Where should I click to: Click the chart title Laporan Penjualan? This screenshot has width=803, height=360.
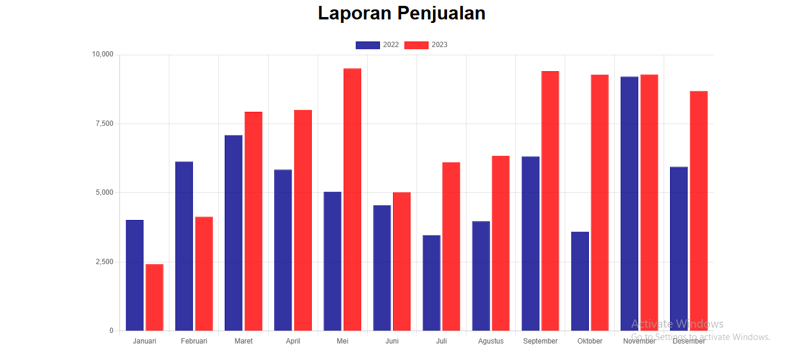click(x=401, y=13)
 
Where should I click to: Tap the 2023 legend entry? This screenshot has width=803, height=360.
click(x=427, y=45)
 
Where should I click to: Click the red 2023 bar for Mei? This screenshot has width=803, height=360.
click(x=352, y=200)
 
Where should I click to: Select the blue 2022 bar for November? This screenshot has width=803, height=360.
click(x=629, y=204)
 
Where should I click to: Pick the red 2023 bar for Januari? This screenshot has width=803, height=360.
click(x=154, y=297)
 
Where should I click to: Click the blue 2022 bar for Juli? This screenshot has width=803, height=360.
click(x=431, y=283)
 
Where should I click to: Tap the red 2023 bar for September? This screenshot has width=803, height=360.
click(x=550, y=201)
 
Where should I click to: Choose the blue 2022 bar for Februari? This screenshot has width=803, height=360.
click(x=184, y=246)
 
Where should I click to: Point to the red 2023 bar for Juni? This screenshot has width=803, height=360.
click(x=402, y=261)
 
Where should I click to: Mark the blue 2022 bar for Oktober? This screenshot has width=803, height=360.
click(x=579, y=281)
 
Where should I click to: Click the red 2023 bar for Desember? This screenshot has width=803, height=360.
click(x=699, y=211)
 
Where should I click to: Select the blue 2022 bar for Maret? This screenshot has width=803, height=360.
click(x=234, y=233)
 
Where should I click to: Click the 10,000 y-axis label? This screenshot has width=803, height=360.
click(x=102, y=55)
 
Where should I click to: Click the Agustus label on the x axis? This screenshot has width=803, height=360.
click(x=491, y=341)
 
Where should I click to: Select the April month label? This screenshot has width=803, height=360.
click(x=293, y=341)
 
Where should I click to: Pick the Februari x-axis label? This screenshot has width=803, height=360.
click(x=194, y=341)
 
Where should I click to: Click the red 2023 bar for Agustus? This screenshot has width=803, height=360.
click(x=501, y=243)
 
